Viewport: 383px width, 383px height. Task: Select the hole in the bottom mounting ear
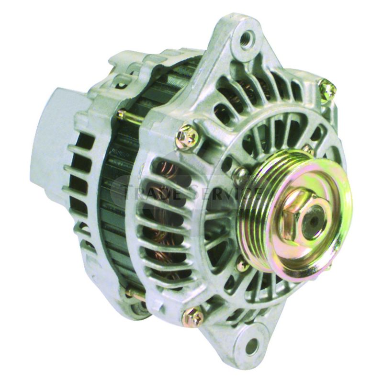[253, 344]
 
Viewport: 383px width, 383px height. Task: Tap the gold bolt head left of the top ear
[186, 135]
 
